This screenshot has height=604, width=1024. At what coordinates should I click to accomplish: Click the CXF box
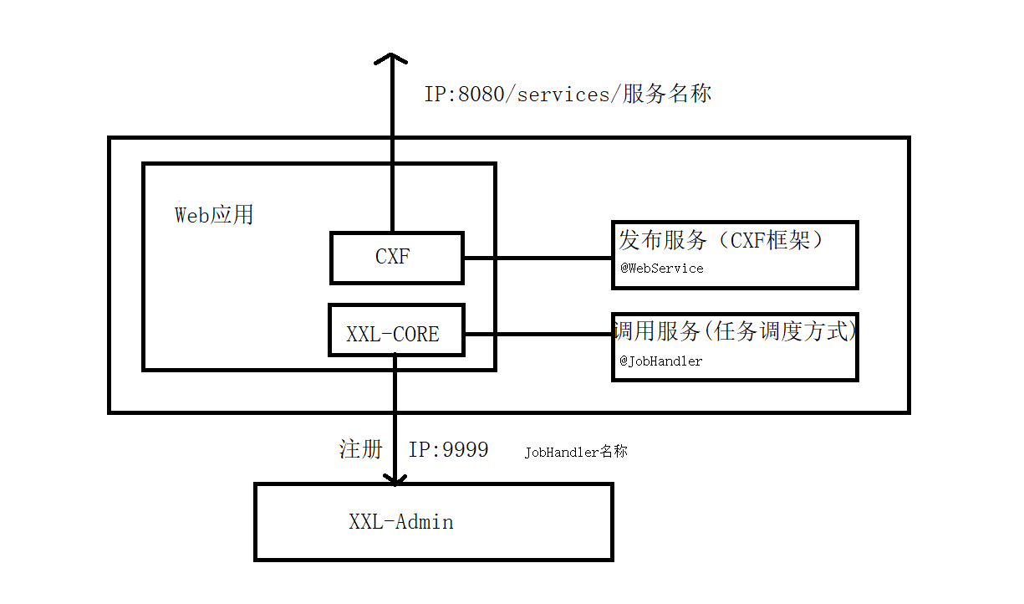click(x=396, y=258)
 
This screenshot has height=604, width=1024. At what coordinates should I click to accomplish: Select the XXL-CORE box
click(x=396, y=330)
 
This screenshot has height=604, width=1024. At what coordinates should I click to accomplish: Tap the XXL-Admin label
click(x=400, y=522)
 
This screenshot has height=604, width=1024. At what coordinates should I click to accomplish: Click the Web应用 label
click(x=213, y=215)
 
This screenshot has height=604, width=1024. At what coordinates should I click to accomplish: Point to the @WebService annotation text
click(x=661, y=269)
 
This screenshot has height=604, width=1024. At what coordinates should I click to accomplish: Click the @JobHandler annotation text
click(x=660, y=361)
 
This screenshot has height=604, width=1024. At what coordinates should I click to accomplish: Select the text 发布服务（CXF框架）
click(x=722, y=241)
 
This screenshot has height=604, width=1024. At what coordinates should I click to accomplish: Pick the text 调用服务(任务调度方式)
click(x=736, y=331)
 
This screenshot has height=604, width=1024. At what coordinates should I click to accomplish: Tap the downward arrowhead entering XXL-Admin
click(x=395, y=479)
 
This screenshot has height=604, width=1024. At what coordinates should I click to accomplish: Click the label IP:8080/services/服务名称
click(x=568, y=94)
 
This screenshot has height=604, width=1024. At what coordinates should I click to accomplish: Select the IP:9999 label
click(x=448, y=449)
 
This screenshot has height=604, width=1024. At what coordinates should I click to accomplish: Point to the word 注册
click(x=360, y=449)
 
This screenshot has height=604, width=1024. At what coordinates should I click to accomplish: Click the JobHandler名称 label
click(x=576, y=452)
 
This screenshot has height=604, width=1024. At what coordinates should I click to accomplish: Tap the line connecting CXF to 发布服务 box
click(x=537, y=258)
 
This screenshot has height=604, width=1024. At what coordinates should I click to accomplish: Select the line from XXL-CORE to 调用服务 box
click(x=537, y=334)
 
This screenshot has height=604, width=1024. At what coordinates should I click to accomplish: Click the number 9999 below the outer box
click(x=465, y=449)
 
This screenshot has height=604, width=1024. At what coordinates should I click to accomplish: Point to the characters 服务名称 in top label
click(x=667, y=94)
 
